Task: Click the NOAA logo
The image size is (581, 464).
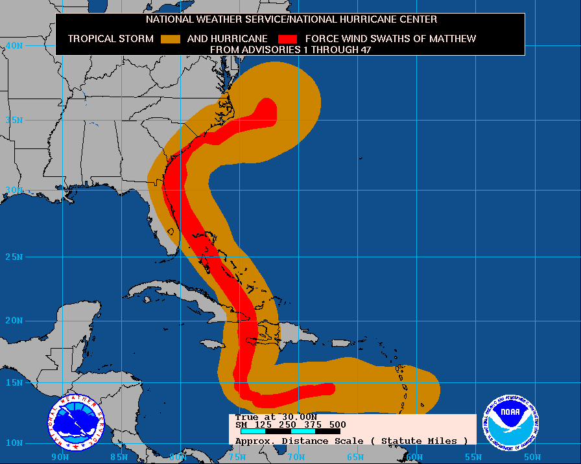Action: point(511,422)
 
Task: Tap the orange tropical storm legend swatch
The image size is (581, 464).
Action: point(170,39)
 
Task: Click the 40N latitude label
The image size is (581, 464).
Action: point(15,46)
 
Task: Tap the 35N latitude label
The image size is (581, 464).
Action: point(15,121)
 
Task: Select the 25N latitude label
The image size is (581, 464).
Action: point(15,257)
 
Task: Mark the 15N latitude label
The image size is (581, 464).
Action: point(15,383)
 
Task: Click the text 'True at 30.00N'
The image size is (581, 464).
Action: point(276,417)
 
